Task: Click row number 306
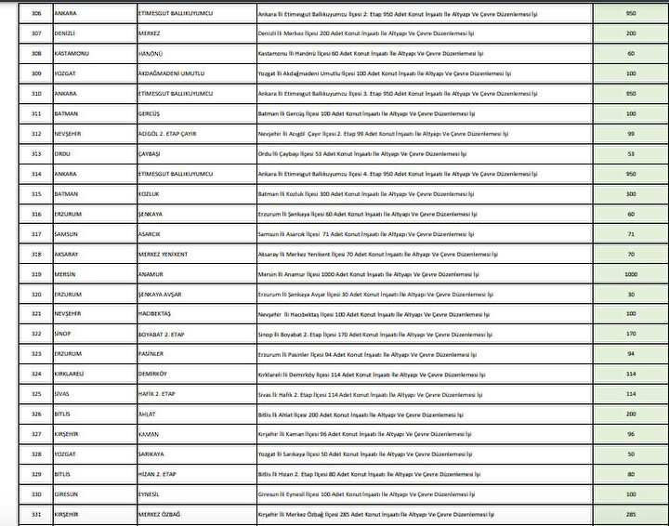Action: [36, 15]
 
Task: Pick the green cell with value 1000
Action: [631, 274]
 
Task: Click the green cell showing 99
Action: [631, 134]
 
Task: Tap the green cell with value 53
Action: [631, 153]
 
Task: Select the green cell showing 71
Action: [631, 234]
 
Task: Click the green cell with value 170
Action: [631, 334]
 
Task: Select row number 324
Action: [36, 374]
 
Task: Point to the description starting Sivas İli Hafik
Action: [372, 394]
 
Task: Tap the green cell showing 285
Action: [631, 514]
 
